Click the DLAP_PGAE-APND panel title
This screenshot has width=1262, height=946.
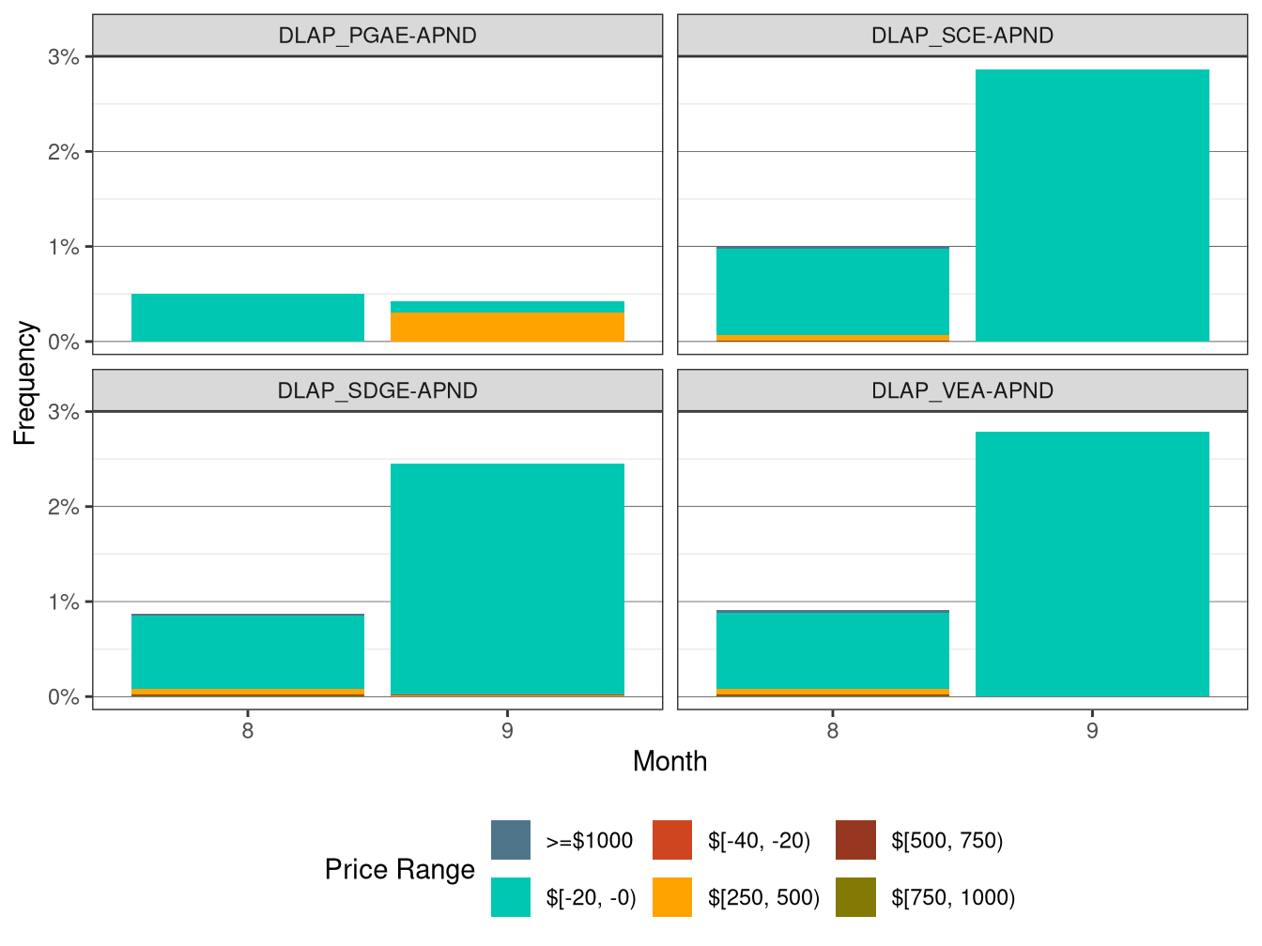pos(377,36)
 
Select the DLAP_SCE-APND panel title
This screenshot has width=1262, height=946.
pos(962,36)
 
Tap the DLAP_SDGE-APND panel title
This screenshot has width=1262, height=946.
pos(377,390)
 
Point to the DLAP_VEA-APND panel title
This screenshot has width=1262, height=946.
pos(962,390)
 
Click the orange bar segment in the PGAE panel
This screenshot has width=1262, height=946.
pos(507,327)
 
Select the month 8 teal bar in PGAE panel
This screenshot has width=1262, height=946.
pos(248,317)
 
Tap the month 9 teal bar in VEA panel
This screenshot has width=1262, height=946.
pos(1092,563)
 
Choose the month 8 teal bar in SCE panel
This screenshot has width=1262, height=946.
pos(833,291)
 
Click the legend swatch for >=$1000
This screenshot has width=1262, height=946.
pos(511,840)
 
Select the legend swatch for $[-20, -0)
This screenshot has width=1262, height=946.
pos(511,897)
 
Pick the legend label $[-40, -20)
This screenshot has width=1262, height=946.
pos(759,840)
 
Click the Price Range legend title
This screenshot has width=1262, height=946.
pos(400,869)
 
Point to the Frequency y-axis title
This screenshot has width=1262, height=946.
pos(24,383)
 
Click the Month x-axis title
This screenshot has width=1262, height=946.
pos(669,761)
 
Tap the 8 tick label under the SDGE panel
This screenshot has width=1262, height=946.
pos(248,730)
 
